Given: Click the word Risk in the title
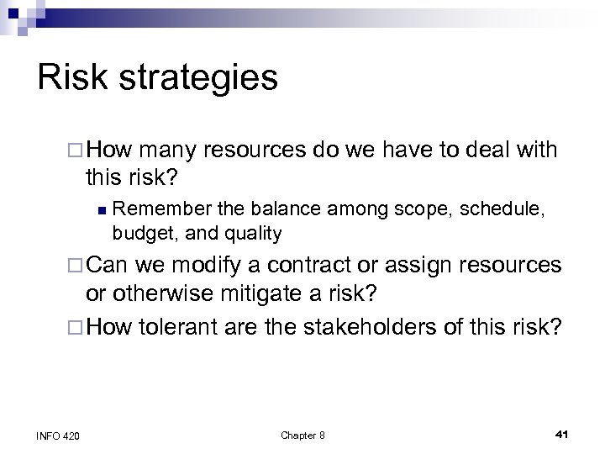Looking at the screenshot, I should coord(75,77).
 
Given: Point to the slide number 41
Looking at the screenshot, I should coord(562,434).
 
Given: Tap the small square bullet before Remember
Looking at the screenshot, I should coord(100,208).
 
